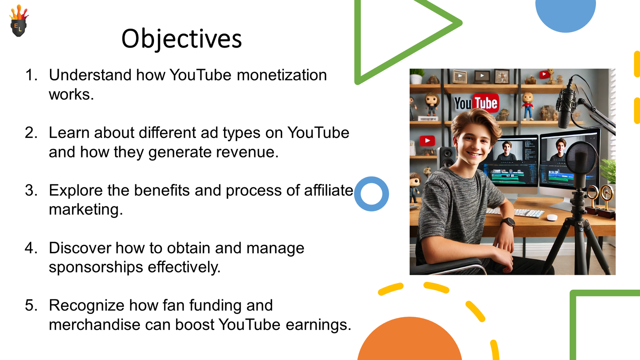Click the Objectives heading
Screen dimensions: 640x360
coord(182,39)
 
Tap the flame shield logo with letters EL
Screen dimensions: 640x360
coord(19,21)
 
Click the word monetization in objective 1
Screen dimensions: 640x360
coord(282,75)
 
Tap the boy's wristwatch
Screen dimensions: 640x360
coord(508,222)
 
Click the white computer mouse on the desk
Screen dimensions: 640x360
coord(552,218)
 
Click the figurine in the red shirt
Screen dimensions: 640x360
coord(527,106)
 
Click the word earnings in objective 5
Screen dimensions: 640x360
coord(318,325)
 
